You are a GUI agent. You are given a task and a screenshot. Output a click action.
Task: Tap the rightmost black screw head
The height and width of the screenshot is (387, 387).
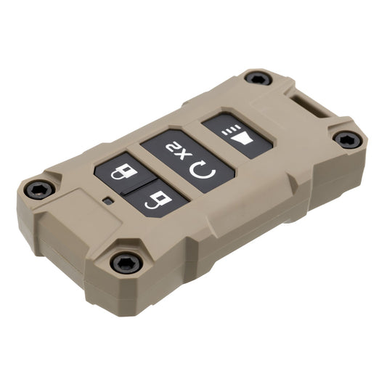click(347, 139)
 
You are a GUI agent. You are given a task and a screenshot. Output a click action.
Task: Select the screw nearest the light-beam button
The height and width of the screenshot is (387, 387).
click(257, 77)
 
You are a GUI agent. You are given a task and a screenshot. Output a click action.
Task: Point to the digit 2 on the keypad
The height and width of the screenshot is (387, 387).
click(174, 150)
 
